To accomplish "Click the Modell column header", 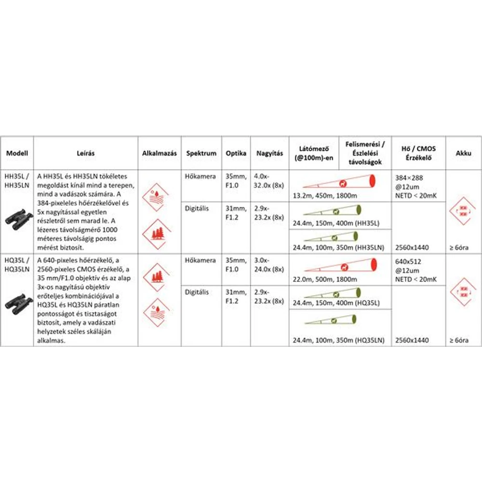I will click(x=17, y=153).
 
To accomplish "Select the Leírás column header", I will click(x=85, y=153).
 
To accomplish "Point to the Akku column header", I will click(x=463, y=153).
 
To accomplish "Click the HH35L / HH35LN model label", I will click(x=17, y=180).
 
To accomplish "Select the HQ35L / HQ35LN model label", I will click(x=17, y=264).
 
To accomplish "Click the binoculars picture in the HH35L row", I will click(x=18, y=220).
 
